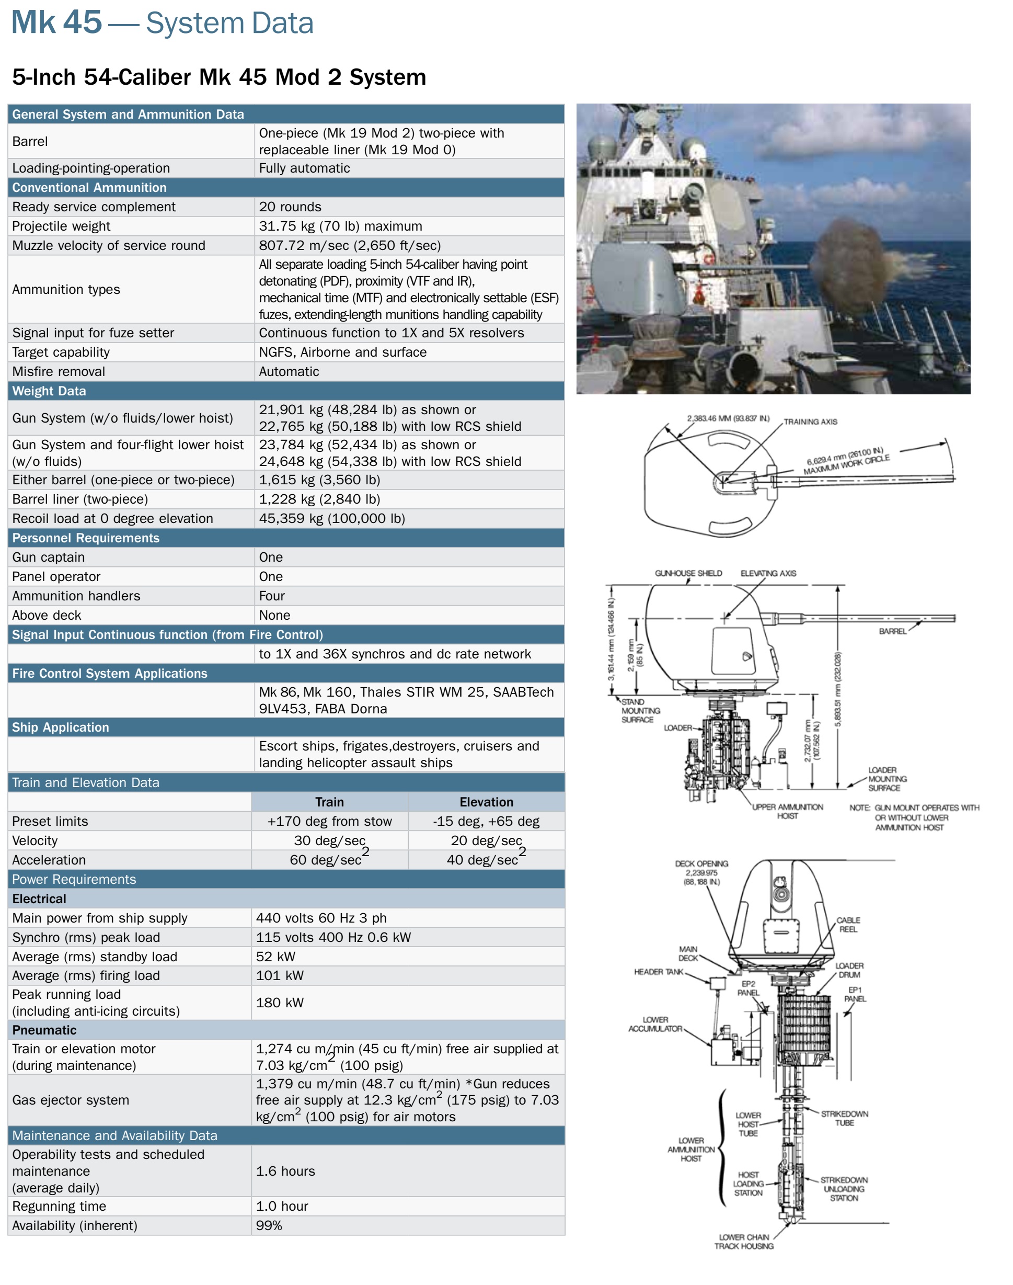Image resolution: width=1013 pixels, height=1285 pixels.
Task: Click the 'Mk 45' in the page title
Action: [x=56, y=22]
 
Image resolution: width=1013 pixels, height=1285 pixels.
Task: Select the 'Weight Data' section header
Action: [x=49, y=391]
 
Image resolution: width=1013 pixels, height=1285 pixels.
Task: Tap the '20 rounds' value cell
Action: [x=290, y=207]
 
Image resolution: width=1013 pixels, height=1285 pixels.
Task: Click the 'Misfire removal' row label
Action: [x=59, y=371]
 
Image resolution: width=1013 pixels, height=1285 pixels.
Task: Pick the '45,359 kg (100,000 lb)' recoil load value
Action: [x=332, y=518]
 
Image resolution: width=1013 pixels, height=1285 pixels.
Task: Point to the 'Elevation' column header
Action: [x=486, y=802]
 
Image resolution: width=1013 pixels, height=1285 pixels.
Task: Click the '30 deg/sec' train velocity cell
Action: [x=330, y=840]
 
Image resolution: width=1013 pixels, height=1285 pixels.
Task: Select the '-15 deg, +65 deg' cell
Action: [x=486, y=821]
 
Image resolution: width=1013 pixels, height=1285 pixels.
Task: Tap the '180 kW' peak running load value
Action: [x=280, y=1003]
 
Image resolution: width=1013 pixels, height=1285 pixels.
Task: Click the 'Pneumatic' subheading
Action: [x=44, y=1030]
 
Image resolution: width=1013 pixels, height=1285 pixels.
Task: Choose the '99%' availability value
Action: [x=269, y=1226]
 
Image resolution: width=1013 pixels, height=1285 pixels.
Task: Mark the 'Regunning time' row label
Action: [x=59, y=1206]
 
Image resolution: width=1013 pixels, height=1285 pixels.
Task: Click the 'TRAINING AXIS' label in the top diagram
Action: [x=810, y=422]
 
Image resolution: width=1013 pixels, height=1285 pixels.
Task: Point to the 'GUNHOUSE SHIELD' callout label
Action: [x=688, y=573]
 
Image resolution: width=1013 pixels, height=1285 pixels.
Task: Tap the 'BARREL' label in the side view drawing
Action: [x=892, y=631]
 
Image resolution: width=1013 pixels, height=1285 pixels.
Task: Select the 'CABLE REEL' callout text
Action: [x=848, y=924]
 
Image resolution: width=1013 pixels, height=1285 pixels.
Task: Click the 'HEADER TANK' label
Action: [x=658, y=972]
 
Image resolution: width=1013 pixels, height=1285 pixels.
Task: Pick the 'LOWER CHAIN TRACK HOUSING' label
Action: [x=744, y=1242]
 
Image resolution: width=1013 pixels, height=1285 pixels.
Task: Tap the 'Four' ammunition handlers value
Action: [x=272, y=596]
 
